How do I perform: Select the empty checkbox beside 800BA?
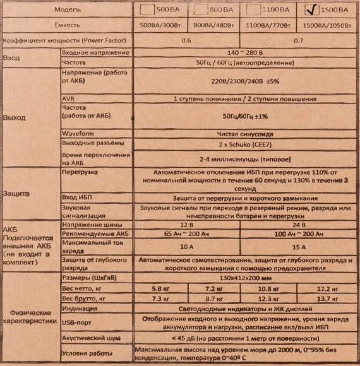point(201,9)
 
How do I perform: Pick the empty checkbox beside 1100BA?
point(255,9)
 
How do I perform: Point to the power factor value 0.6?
point(186,40)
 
